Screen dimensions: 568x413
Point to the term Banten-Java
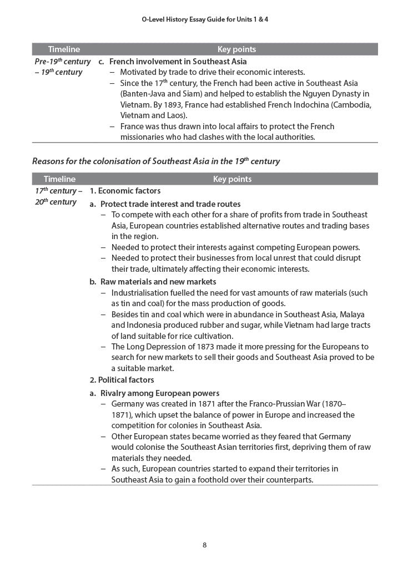coord(144,94)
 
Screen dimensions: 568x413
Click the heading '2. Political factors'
coord(122,380)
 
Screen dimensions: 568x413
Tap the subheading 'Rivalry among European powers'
coord(159,393)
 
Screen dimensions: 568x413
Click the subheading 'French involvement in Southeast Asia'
coord(178,62)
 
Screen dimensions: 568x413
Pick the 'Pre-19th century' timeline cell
coord(62,62)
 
